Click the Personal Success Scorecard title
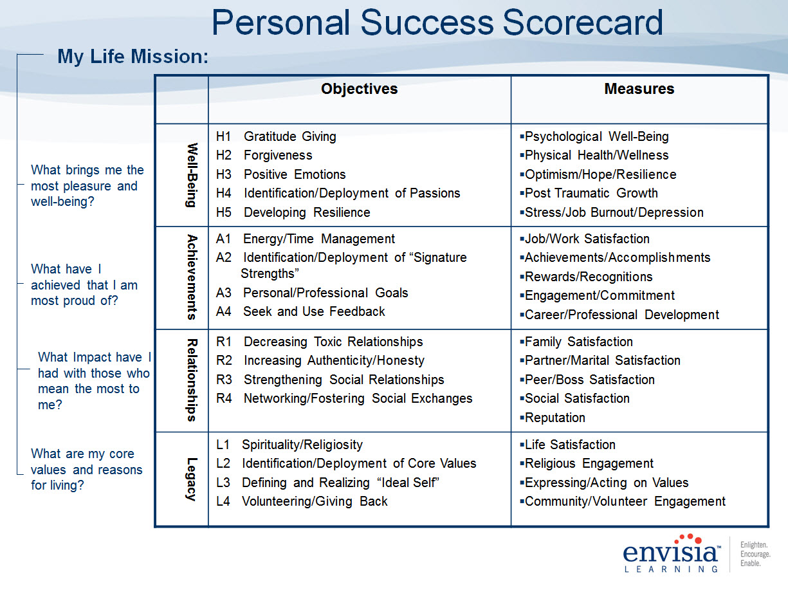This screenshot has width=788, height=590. tap(437, 23)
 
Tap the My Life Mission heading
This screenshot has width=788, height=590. tap(133, 57)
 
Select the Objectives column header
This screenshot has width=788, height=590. tap(360, 89)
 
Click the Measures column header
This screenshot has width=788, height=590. tap(639, 89)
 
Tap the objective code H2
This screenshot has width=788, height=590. tap(223, 155)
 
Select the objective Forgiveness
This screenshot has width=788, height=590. tap(278, 155)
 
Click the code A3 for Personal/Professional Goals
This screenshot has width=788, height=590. tap(223, 293)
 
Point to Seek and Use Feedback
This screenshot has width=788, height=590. tap(314, 311)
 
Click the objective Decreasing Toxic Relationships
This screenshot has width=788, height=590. tap(333, 342)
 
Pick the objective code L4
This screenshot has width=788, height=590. tap(223, 501)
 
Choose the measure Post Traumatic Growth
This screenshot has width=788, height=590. tap(591, 193)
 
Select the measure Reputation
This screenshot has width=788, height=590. tap(554, 418)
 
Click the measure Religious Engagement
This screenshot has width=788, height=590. tap(589, 464)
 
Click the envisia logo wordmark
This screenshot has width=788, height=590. tap(672, 553)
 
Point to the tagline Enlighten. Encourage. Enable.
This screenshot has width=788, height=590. tap(755, 554)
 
